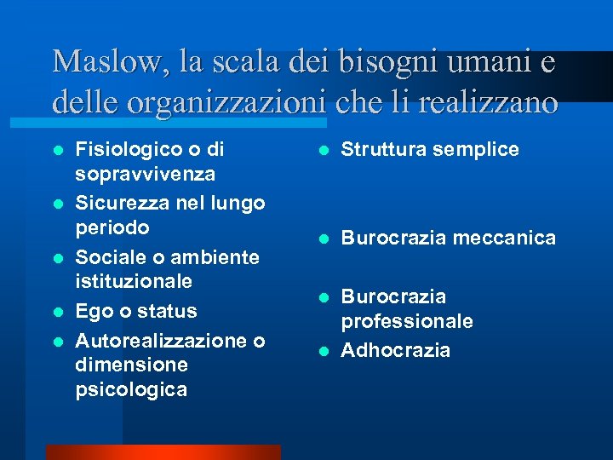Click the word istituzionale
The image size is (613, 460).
(135, 281)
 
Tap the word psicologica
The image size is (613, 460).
(132, 390)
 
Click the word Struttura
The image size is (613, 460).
(383, 150)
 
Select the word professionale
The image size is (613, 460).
(407, 321)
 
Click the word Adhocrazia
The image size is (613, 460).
(396, 350)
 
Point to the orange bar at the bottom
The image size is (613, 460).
(163, 452)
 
